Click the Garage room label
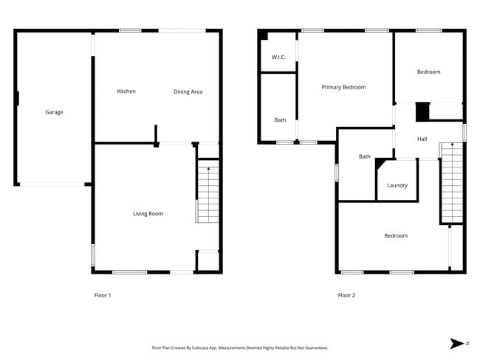pos(54,112)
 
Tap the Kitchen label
pos(126,91)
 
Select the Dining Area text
pos(188,91)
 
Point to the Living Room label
pos(148,214)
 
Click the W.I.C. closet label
pos(278,57)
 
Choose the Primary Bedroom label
pos(343,87)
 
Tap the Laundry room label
pos(397,185)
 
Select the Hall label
pos(422,139)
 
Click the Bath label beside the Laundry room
pos(365,156)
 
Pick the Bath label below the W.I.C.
pos(280,120)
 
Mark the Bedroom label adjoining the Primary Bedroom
pos(428,72)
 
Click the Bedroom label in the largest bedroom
pos(395,236)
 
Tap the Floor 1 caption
pos(103,295)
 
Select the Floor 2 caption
pos(346,295)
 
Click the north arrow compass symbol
pos(456,343)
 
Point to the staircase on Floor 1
pos(208,193)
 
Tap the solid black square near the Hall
pos(422,111)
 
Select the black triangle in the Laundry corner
pos(380,164)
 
